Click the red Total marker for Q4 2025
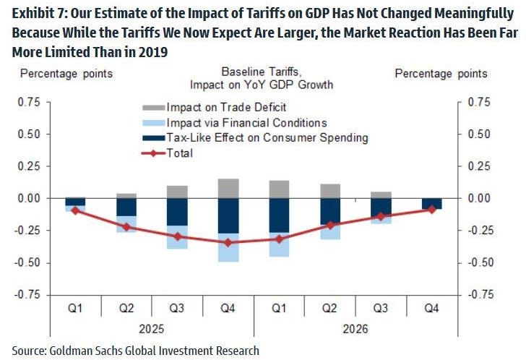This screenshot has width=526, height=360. pos(229,242)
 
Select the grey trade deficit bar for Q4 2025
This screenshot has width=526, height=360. pos(229,188)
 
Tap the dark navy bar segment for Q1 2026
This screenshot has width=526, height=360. pos(280,215)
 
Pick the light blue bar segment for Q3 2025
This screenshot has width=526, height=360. pos(178,237)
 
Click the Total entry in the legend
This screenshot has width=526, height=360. pos(180,153)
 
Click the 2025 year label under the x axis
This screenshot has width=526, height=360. pos(152,328)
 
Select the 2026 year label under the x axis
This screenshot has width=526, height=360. pos(356,328)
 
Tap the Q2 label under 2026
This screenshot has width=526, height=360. pos(330,308)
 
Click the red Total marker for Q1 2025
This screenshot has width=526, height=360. pos(75,210)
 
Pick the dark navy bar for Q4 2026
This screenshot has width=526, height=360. pos(432,203)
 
